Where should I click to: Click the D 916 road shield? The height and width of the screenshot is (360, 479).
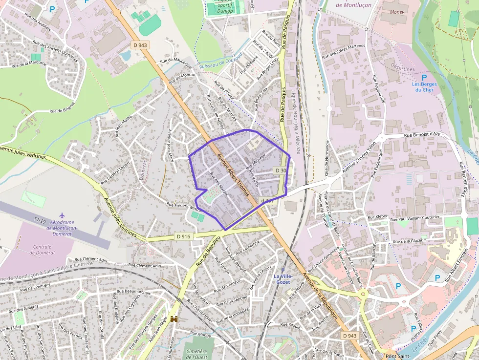(183, 236)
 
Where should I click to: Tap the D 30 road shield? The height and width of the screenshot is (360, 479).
(280, 170)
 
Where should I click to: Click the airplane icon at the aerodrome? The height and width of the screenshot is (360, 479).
(62, 215)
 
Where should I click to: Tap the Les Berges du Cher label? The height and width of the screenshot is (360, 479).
(424, 87)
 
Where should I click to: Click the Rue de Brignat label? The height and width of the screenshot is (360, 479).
(62, 107)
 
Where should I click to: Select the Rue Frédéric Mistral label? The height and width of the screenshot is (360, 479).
(184, 206)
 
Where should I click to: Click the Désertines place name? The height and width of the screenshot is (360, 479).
(402, 69)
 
